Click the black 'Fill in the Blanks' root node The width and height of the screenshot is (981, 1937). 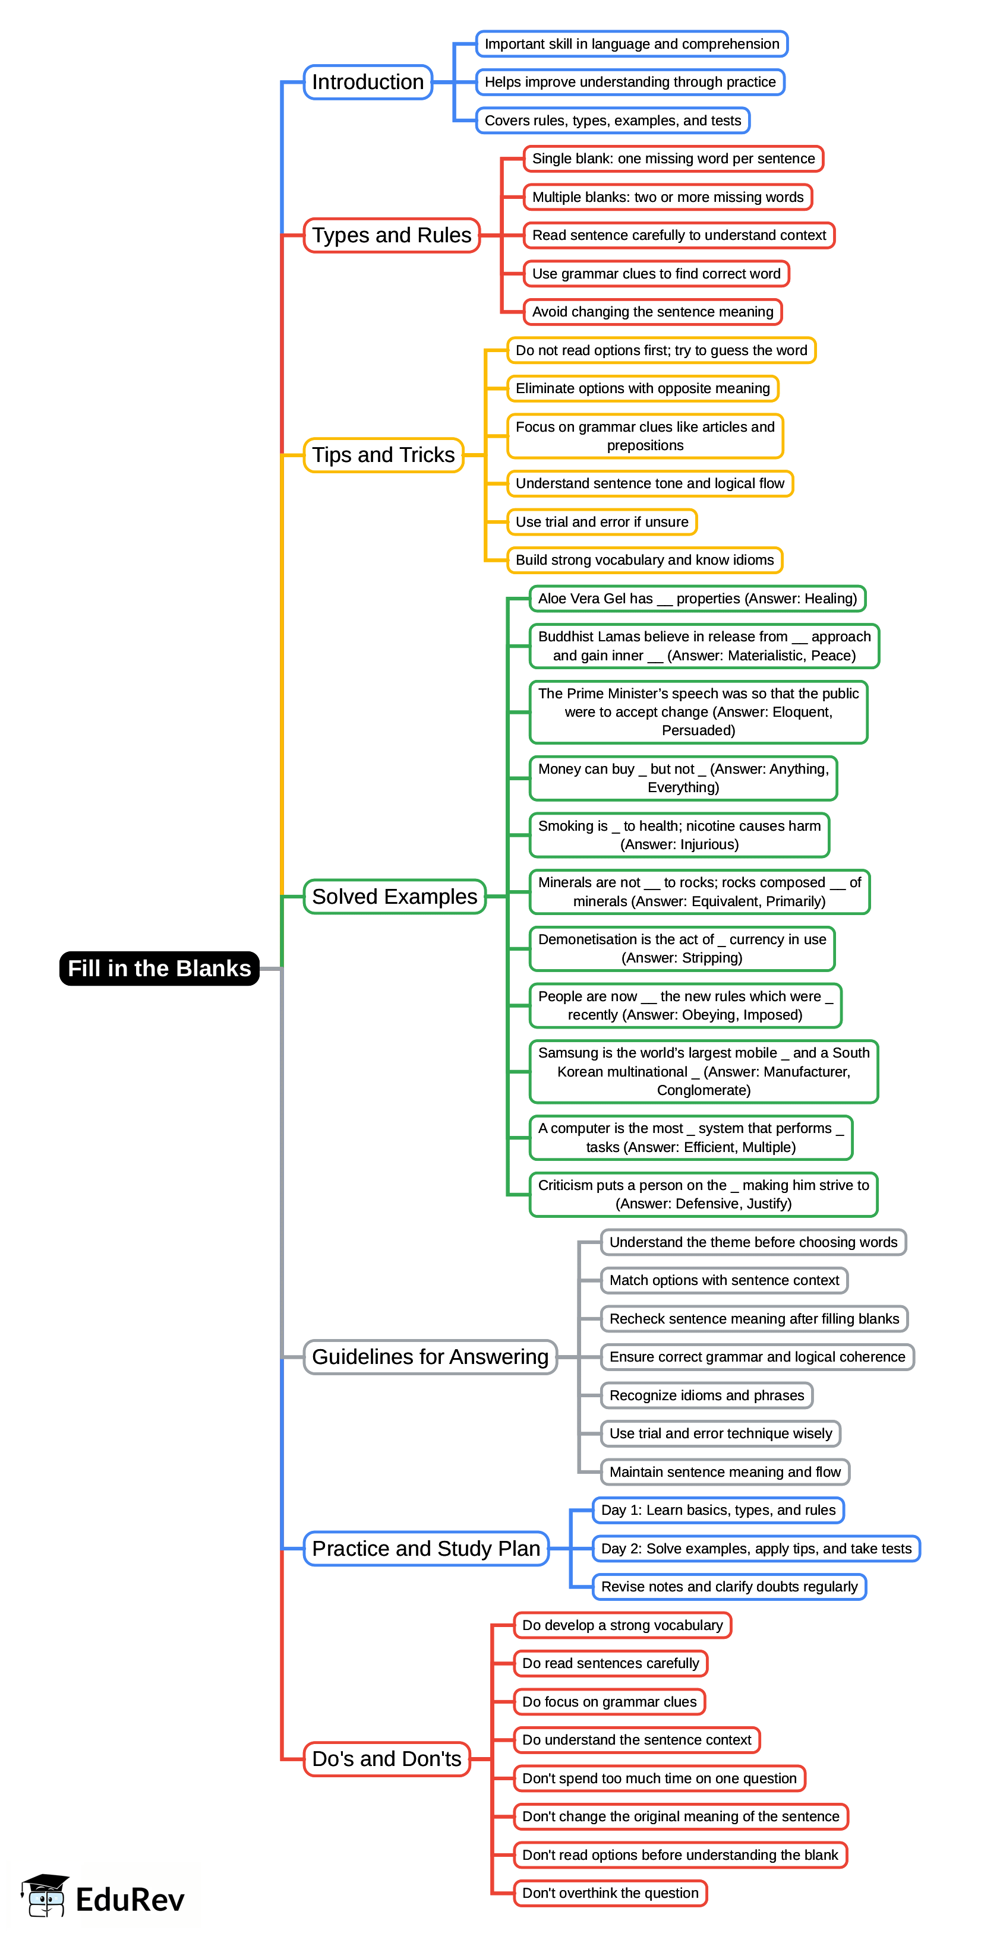click(x=159, y=968)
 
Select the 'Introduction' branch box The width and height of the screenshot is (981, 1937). click(x=367, y=82)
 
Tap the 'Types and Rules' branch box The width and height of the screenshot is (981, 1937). click(x=391, y=235)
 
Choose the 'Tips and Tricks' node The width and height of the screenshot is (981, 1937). click(x=383, y=455)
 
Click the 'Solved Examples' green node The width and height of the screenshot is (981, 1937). click(x=394, y=896)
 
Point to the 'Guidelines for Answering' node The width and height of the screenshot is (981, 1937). click(x=430, y=1356)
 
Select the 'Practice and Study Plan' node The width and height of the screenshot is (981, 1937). click(x=426, y=1548)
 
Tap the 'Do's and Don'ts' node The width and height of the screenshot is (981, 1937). click(x=387, y=1759)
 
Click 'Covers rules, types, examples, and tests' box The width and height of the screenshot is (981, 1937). click(x=613, y=121)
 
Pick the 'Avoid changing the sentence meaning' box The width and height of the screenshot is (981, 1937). click(x=652, y=311)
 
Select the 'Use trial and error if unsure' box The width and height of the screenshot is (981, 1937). click(x=602, y=522)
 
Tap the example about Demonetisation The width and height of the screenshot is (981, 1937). click(x=682, y=948)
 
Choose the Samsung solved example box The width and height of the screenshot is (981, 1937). click(x=704, y=1071)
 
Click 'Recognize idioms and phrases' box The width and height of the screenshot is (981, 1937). click(x=706, y=1395)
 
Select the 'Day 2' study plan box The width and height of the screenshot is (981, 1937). click(x=755, y=1548)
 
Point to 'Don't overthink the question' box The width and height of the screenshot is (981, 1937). click(x=610, y=1892)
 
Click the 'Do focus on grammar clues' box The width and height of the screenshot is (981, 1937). click(x=610, y=1702)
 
